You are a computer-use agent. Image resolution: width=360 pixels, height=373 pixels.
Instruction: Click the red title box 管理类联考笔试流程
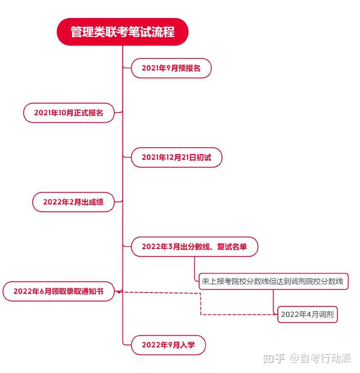(123, 32)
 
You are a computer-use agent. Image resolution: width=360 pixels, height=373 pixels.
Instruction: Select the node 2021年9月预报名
(171, 68)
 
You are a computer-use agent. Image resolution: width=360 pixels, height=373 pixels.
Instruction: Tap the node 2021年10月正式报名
(69, 113)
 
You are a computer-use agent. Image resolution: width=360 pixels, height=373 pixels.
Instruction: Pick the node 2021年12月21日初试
(176, 157)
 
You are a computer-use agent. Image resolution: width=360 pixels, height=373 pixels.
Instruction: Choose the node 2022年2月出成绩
(73, 202)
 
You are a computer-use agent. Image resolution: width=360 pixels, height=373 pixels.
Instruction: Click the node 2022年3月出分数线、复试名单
(194, 247)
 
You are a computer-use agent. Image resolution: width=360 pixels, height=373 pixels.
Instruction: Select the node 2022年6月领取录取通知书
(58, 291)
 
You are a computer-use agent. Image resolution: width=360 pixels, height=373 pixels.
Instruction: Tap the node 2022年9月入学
(168, 345)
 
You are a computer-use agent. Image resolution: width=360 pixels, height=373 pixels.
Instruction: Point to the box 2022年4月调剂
(307, 314)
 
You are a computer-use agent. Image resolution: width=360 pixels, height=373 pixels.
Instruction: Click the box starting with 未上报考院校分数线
(273, 282)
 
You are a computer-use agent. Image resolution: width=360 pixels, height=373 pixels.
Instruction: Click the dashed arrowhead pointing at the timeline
(119, 292)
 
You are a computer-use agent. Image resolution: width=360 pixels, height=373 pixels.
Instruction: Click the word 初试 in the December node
(204, 157)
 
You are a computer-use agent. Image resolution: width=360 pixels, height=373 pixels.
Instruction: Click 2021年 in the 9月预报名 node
(151, 68)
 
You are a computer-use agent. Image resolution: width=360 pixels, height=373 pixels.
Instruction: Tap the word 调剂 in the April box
(326, 314)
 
